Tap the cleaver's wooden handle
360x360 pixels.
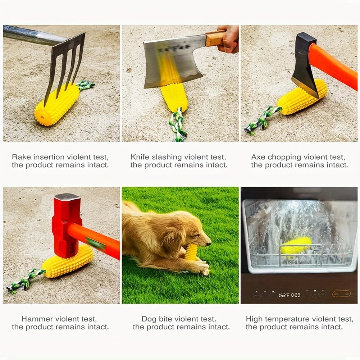tap(215, 38)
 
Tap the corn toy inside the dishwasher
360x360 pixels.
tap(296, 246)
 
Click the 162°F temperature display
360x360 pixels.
tap(284, 295)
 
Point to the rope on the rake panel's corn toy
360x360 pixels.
tap(86, 85)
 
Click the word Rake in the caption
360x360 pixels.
tap(20, 157)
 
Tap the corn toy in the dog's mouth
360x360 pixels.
tap(191, 252)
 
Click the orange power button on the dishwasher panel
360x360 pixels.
tap(341, 294)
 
